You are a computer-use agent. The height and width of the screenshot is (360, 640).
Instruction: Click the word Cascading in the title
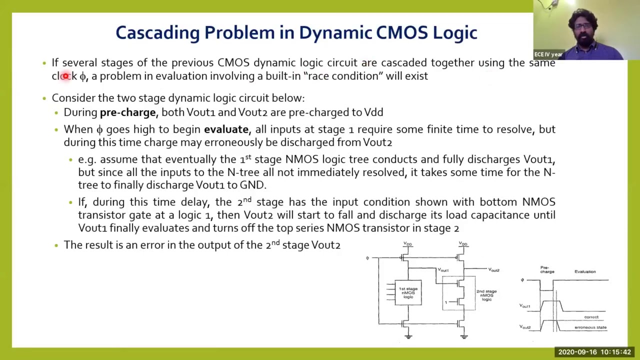point(157,33)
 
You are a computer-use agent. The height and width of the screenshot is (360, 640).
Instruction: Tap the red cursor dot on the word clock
point(65,76)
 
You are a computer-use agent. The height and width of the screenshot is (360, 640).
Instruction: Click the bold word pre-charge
point(127,112)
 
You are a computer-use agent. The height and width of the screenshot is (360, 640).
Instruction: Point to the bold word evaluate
point(226,129)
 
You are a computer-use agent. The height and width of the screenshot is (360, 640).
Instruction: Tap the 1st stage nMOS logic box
point(408,292)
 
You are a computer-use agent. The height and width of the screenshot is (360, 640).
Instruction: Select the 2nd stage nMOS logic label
point(486,295)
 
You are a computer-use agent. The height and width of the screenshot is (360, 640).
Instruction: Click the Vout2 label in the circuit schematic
point(493,270)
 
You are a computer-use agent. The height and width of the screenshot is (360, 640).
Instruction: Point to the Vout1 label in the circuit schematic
point(443,270)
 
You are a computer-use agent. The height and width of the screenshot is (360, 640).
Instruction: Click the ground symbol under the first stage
point(408,336)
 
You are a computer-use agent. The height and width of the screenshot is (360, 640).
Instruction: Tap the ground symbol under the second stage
point(463,336)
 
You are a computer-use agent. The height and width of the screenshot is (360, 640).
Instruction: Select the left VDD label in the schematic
point(407,244)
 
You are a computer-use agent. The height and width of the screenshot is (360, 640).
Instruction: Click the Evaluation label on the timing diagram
point(584,272)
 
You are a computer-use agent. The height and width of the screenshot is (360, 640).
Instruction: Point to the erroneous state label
point(590,327)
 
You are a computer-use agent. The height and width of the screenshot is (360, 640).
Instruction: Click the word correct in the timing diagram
point(591,317)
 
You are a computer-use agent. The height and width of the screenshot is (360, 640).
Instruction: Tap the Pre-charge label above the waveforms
point(547,270)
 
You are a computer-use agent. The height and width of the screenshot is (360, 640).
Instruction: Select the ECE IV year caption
point(548,54)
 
